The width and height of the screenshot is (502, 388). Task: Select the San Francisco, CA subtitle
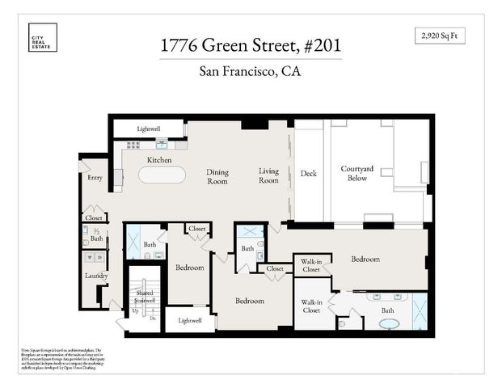click(251, 71)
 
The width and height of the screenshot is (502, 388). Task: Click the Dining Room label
click(217, 176)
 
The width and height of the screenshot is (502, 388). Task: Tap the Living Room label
click(268, 176)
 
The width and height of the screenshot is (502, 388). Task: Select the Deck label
click(308, 173)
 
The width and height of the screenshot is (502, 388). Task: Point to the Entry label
click(95, 178)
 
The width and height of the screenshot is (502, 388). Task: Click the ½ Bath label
click(97, 235)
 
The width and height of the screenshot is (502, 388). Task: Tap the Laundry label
click(96, 276)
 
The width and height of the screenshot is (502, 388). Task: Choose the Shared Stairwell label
click(145, 297)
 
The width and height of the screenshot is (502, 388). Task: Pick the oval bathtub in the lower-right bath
click(389, 323)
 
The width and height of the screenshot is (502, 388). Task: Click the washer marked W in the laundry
click(90, 258)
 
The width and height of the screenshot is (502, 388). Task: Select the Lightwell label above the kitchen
click(149, 129)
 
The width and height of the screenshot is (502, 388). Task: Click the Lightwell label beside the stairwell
click(190, 322)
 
